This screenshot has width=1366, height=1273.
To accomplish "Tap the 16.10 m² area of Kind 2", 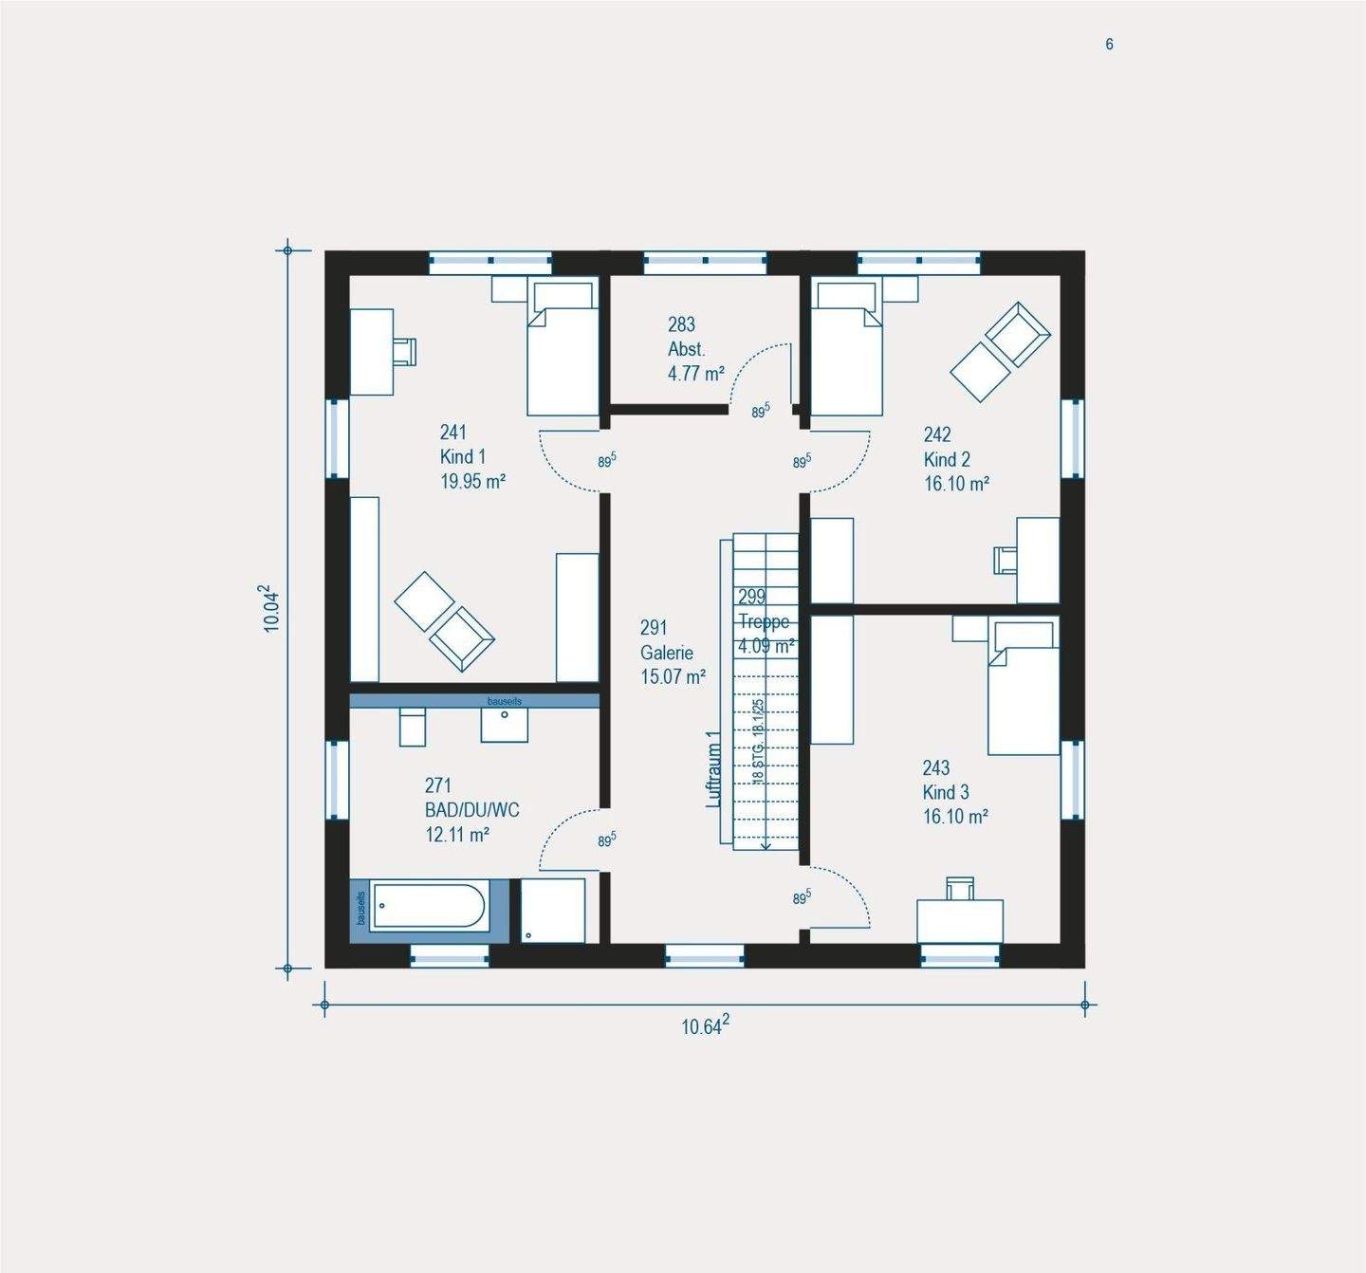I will (x=956, y=484).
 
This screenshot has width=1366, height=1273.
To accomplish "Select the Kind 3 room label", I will (x=946, y=792).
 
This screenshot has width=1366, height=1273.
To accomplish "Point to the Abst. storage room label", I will (x=686, y=349).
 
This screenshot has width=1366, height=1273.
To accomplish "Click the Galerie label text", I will (x=666, y=653).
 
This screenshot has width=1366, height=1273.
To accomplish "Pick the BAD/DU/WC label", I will (x=471, y=810).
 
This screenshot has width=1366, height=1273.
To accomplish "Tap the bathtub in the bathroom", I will (x=429, y=906).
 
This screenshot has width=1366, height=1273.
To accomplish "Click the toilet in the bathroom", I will (x=413, y=727).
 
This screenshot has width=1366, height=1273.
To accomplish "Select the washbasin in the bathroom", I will (x=504, y=725).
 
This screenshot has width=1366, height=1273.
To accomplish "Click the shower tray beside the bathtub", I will (x=553, y=911).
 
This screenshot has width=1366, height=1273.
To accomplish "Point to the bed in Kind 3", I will (x=1023, y=688).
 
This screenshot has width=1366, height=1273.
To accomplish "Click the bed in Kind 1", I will (x=563, y=349).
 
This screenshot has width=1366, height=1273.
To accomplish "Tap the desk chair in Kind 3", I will (x=960, y=888).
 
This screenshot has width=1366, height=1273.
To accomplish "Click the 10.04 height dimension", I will (x=271, y=608).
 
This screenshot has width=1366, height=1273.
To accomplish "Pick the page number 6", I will (x=1109, y=45).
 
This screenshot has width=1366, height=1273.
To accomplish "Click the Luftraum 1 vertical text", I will (x=714, y=768).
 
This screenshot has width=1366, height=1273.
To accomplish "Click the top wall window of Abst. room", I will (x=705, y=262).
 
